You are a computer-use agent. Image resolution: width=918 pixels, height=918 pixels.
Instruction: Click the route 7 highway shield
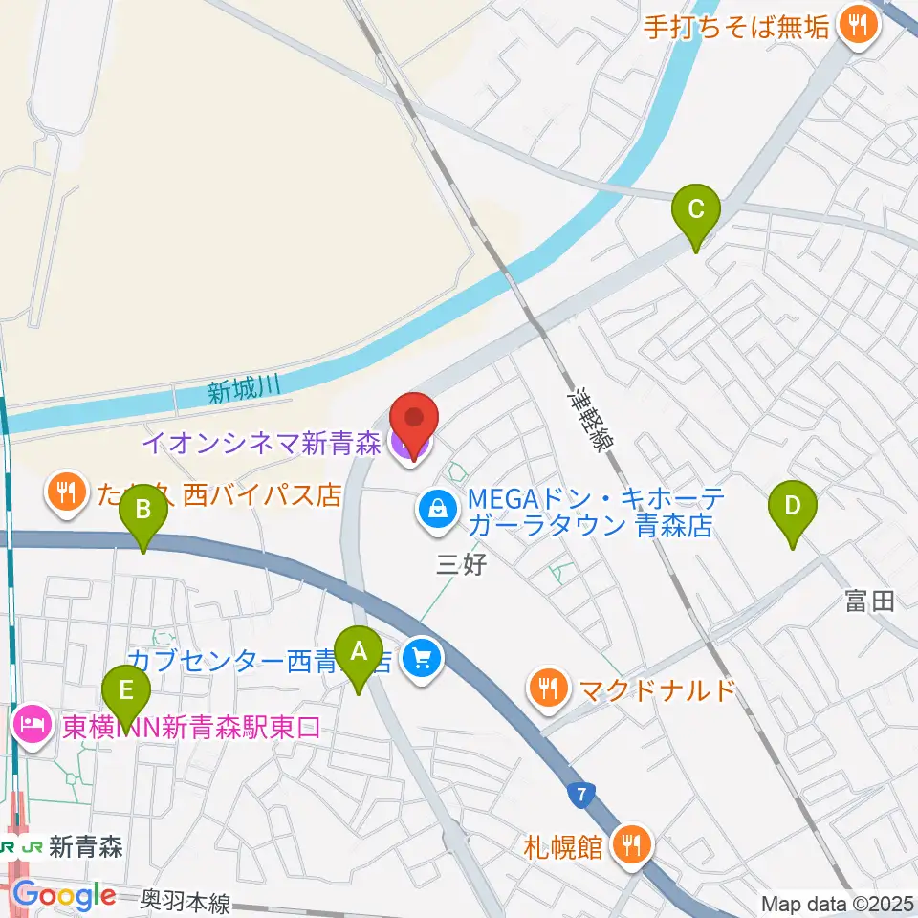tap(579, 793)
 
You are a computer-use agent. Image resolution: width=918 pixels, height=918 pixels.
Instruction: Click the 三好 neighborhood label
tap(461, 565)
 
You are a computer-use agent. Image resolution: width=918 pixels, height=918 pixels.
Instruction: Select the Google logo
tap(64, 896)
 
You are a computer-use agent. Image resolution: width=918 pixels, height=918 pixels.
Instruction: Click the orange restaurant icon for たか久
tap(65, 493)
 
